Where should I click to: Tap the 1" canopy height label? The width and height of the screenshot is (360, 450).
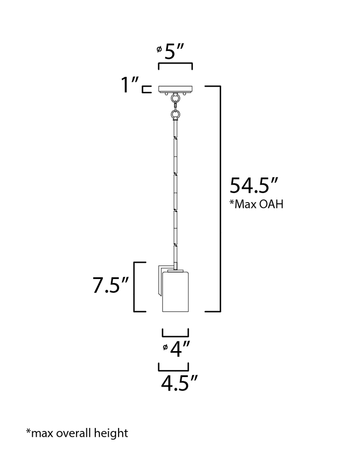tap(130, 85)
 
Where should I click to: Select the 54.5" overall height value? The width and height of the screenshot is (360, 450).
tap(254, 185)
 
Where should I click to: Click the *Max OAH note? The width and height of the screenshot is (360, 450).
tap(256, 204)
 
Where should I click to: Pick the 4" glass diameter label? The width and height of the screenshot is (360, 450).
tap(180, 349)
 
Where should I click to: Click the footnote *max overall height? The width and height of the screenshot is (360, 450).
tap(77, 433)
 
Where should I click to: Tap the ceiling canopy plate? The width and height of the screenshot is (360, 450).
tap(175, 89)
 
